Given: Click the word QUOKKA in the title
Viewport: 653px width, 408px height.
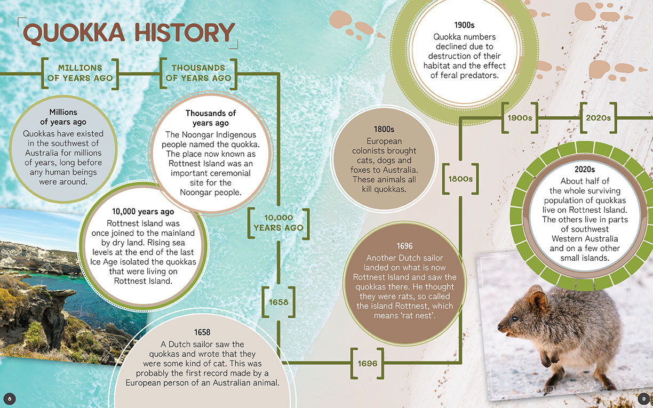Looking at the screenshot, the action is coord(74,33).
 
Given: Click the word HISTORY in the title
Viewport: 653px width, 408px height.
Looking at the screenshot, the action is coord(185,32).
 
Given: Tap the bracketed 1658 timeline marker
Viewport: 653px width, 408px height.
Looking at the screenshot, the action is coord(278,302).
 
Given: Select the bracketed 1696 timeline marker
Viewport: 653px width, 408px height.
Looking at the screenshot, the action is coord(367,363).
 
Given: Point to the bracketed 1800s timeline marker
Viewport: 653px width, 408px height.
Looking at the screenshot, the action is coord(460,179).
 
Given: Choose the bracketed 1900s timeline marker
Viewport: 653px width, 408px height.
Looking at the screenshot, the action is coord(520,118).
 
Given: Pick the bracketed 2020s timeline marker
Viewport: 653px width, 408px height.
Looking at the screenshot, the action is coord(598,118).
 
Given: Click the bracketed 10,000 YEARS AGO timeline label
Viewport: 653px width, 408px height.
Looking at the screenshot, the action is coord(278,223).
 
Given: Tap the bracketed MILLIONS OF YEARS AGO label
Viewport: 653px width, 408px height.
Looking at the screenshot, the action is coord(80,73).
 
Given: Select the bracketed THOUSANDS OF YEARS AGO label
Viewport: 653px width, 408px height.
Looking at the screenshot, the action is coord(198,73).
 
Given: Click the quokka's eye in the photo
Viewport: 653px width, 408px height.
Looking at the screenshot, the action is coord(515,318).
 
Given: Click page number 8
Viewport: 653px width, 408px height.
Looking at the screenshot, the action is coord(10,399).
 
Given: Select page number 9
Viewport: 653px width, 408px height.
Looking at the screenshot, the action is coord(643,399).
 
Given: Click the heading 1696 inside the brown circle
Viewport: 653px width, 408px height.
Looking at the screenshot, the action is coord(404,246).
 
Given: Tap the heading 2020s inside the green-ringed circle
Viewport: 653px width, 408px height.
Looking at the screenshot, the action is coord(585,169).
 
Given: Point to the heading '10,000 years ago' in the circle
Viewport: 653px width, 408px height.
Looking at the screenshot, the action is coord(143,212).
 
